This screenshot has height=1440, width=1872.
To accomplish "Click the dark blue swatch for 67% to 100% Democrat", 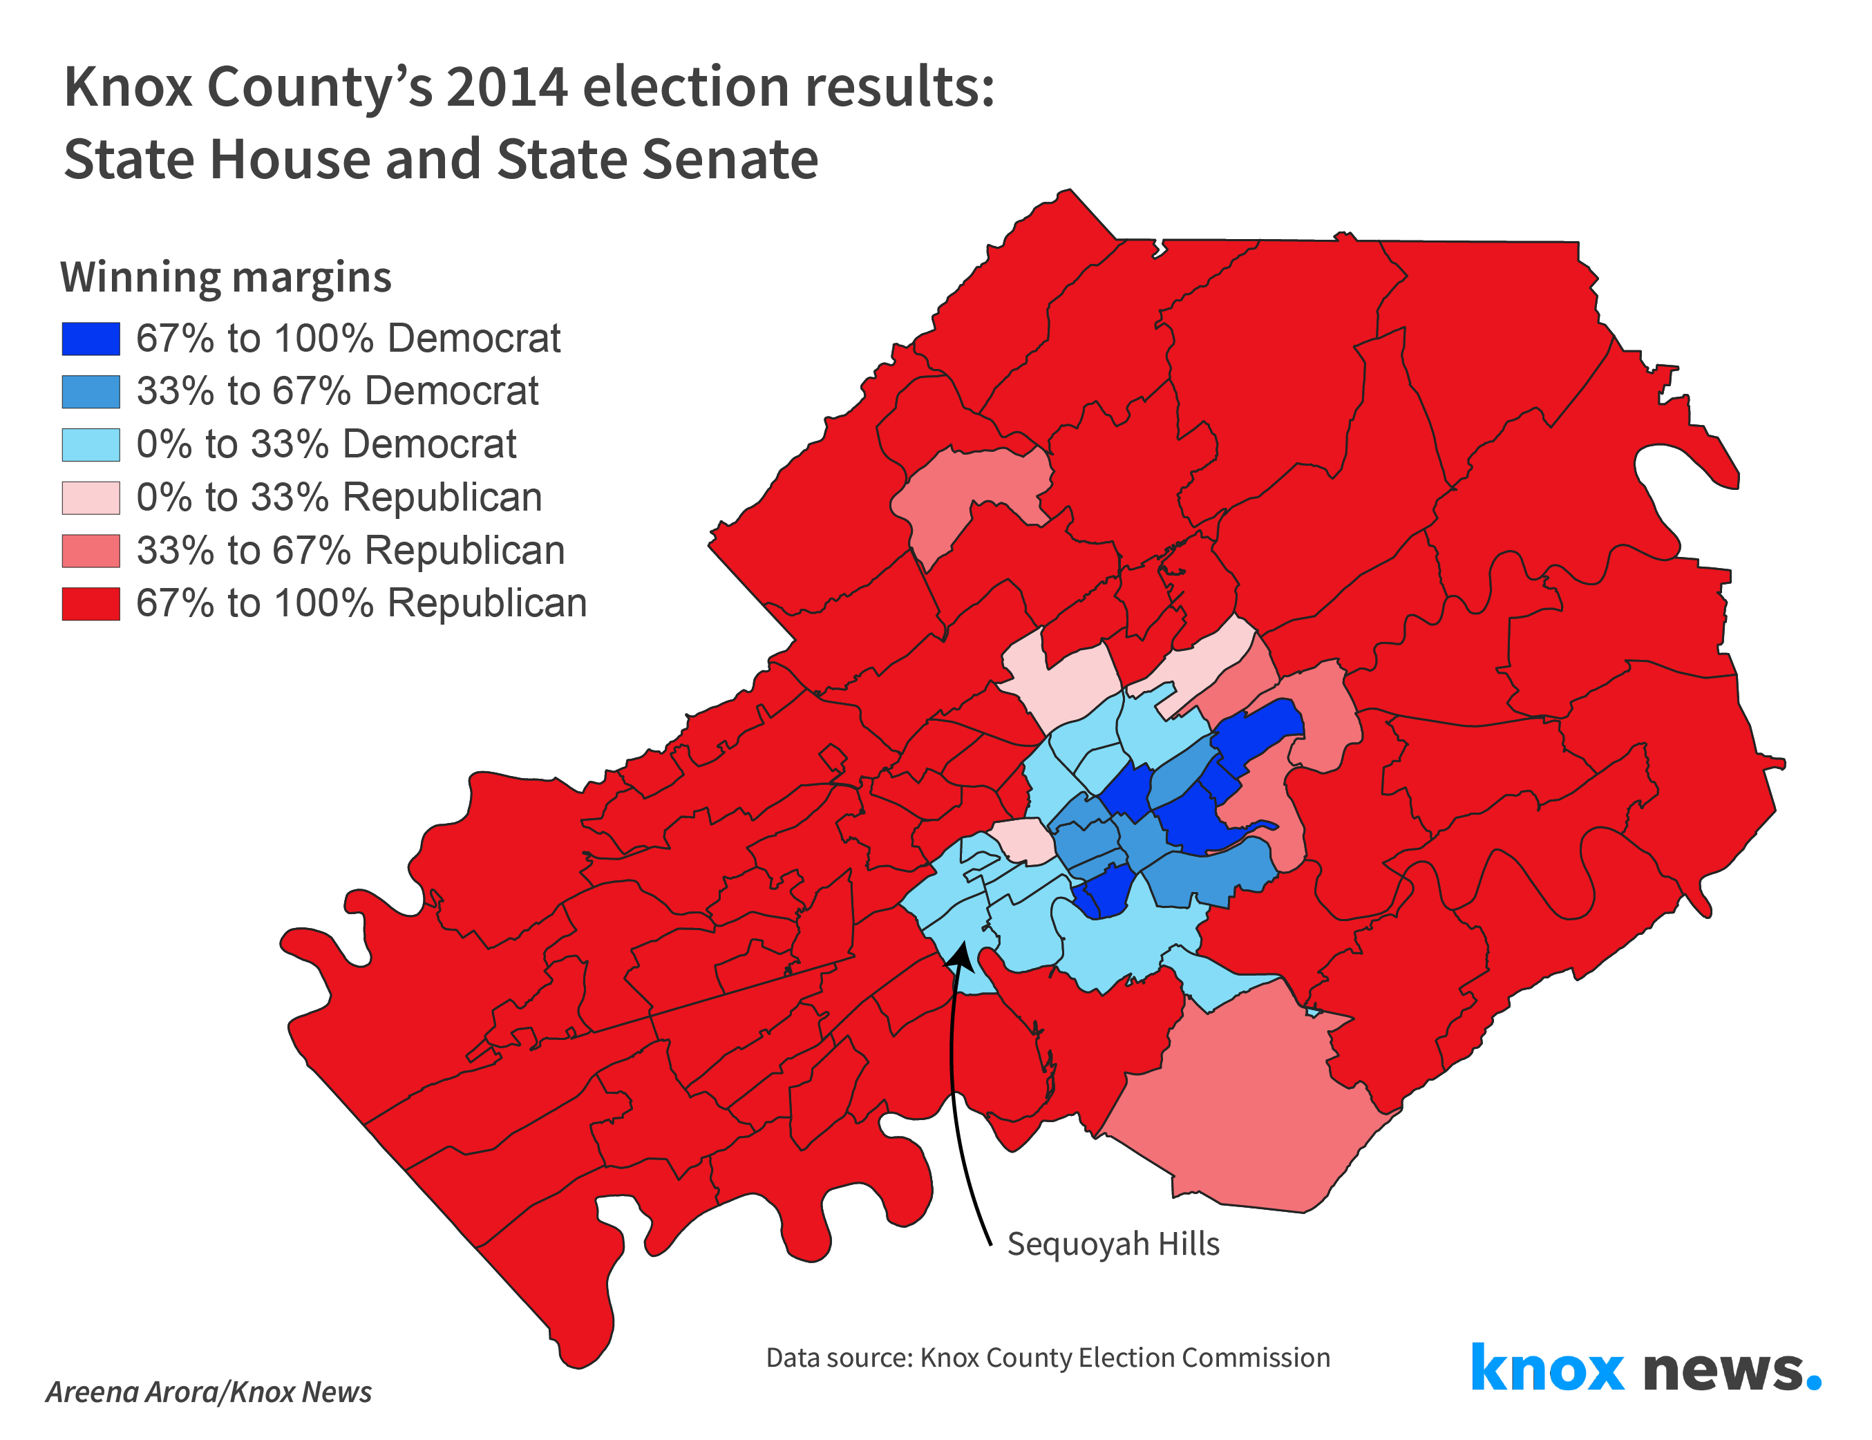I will [91, 339].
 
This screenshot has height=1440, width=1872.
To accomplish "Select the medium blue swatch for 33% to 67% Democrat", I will [91, 392].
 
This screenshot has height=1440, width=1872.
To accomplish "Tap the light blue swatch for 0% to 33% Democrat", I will [91, 445].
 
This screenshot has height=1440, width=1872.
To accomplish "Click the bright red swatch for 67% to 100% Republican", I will [91, 603].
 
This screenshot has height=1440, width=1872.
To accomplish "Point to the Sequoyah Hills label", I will [1113, 1244].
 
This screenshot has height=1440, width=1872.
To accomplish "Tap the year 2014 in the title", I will [507, 88].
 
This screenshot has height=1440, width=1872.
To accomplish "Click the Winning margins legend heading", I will [226, 278].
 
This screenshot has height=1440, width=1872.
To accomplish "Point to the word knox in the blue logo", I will [1547, 1369].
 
